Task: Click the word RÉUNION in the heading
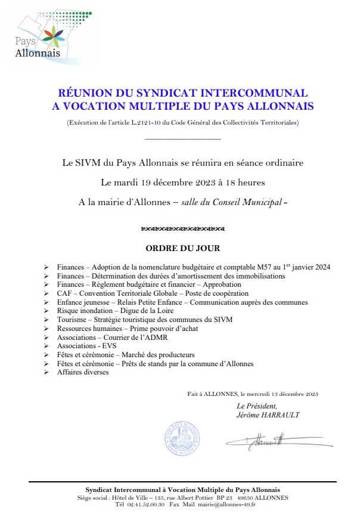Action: point(83,94)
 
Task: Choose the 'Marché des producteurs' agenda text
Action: point(157,354)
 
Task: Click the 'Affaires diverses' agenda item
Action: point(83,372)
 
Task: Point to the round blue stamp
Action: point(181,440)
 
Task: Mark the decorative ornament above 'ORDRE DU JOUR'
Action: point(182,228)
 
